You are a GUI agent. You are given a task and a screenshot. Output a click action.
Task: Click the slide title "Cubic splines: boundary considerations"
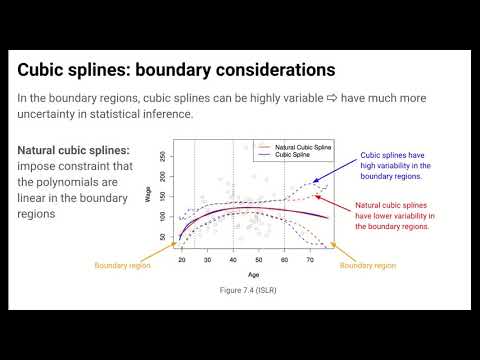pyautogui.click(x=177, y=71)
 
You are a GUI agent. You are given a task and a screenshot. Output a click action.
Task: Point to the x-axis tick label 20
pyautogui.click(x=182, y=259)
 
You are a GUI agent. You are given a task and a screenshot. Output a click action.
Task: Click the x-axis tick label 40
pyautogui.click(x=233, y=259)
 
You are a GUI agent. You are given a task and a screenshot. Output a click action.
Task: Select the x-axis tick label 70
pyautogui.click(x=310, y=259)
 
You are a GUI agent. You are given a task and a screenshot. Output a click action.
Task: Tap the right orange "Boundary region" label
pyautogui.click(x=368, y=266)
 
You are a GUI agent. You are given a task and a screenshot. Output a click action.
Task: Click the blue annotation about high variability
pyautogui.click(x=393, y=166)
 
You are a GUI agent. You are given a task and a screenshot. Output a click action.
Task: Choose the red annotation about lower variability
pyautogui.click(x=392, y=216)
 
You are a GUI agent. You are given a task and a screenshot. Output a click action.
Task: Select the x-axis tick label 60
pyautogui.click(x=284, y=259)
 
